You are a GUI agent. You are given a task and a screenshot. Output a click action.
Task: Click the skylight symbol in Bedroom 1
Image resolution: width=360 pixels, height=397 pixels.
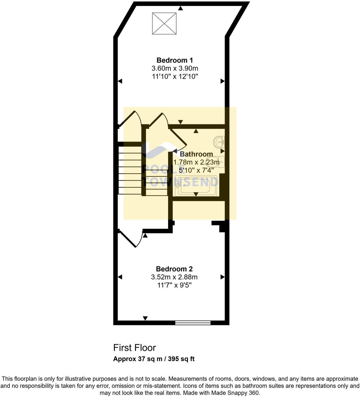(164, 23)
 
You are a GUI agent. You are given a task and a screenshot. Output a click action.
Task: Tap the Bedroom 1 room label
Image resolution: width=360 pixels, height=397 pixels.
(175, 60)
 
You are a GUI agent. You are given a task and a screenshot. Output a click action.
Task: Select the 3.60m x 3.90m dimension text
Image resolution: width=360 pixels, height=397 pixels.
(175, 68)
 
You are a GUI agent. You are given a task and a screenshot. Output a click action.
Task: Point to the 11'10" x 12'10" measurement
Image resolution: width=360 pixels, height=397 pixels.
(175, 76)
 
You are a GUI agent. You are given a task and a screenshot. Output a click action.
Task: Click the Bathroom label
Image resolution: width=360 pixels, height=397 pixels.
(196, 154)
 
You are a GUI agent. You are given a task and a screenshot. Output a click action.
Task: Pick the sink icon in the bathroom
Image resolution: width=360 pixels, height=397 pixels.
(219, 141)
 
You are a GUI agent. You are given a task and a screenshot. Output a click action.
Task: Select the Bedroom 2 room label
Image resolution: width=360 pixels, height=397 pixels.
(174, 269)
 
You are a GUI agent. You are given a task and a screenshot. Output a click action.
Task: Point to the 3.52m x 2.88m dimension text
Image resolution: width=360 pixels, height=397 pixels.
(174, 277)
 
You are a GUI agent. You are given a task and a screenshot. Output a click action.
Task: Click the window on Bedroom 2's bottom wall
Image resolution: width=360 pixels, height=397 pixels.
(193, 323)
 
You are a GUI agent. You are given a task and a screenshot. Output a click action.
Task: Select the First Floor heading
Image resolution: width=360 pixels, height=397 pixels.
(134, 347)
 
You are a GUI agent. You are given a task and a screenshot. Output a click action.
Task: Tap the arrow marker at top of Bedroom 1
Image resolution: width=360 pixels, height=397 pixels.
(181, 8)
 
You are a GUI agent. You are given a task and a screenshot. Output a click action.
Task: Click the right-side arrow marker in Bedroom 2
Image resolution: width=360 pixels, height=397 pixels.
(222, 277)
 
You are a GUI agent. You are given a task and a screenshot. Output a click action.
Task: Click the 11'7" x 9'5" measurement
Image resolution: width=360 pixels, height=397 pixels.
(174, 285)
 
